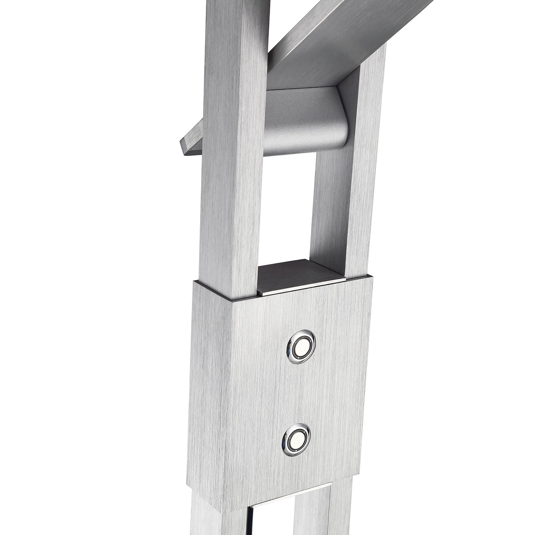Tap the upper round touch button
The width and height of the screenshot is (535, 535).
301,346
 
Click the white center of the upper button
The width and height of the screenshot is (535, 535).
301,346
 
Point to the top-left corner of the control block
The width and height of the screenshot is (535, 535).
195,282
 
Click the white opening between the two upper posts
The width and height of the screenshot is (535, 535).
285,214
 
